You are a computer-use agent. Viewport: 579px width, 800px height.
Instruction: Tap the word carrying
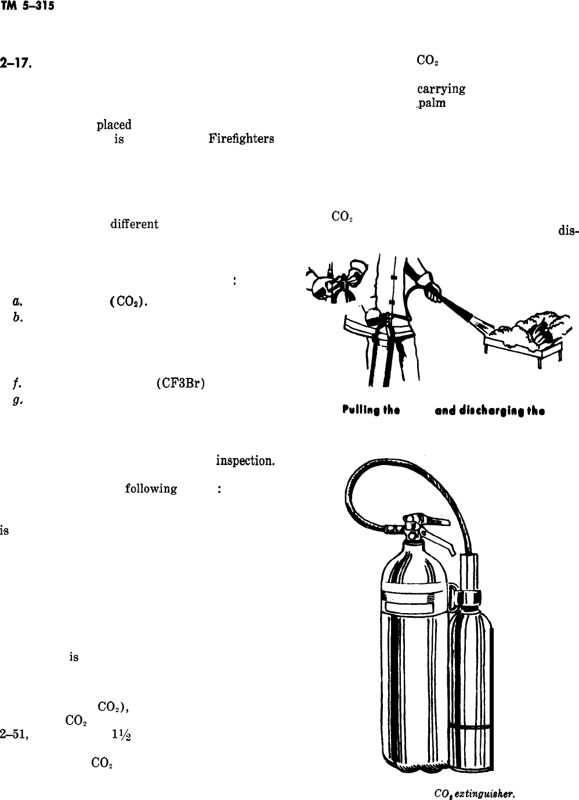(440, 89)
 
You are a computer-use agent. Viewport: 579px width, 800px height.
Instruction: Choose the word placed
(114, 125)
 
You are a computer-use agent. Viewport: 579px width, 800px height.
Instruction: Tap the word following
(151, 489)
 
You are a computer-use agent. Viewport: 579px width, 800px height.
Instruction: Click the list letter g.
(13, 399)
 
